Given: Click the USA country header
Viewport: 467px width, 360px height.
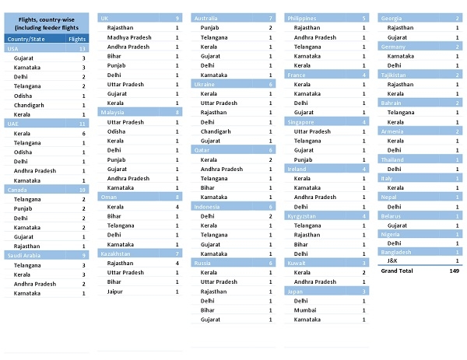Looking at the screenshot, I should pos(13,48).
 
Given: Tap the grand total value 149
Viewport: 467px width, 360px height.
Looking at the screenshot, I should pos(454,272).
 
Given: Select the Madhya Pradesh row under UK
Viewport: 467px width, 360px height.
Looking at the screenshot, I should pos(129,37).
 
